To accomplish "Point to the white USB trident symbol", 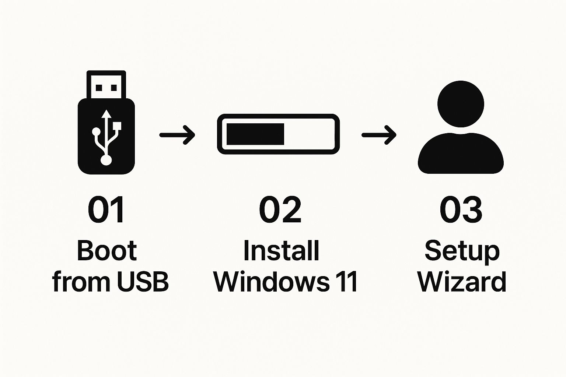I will tap(106, 136).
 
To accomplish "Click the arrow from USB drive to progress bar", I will tap(177, 135).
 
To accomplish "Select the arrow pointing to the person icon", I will tap(379, 135).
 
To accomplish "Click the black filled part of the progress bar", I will tap(255, 134).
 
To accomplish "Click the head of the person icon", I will tap(460, 103).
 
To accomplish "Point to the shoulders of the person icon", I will tap(461, 155).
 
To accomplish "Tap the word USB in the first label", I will tap(143, 282).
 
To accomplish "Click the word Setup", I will tap(462, 251).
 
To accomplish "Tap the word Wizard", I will tap(462, 282).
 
